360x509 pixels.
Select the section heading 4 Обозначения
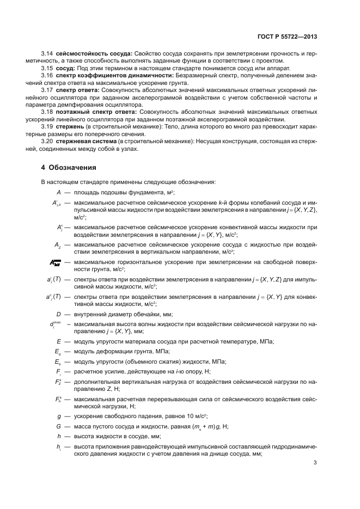(69, 167)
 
